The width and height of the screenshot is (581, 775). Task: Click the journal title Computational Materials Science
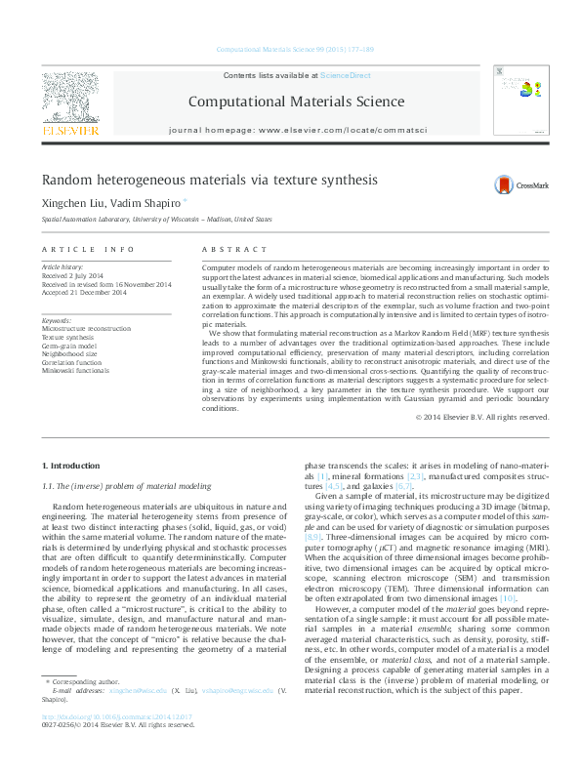point(290,101)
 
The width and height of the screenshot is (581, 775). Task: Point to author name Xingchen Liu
point(71,203)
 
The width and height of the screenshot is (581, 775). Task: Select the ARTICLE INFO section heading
point(88,250)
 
